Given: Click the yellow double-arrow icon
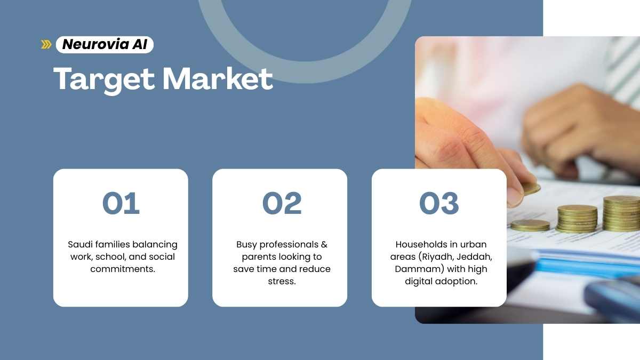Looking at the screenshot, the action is click(x=46, y=45).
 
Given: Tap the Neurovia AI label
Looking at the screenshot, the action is click(x=105, y=45).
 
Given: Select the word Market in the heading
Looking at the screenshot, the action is click(x=218, y=78).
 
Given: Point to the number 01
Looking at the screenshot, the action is click(x=121, y=203).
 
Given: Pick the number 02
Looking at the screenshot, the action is click(x=282, y=203).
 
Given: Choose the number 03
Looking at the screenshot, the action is click(x=439, y=203).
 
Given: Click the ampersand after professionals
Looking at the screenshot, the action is click(x=324, y=245).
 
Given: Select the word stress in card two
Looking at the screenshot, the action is click(x=282, y=282).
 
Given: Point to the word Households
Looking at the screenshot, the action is click(x=420, y=245).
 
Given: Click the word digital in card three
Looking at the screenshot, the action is click(x=420, y=282).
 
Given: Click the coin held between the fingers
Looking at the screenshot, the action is click(x=531, y=189).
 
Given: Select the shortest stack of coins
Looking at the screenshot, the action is click(x=530, y=226).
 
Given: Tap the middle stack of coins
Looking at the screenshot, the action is click(x=577, y=219).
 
